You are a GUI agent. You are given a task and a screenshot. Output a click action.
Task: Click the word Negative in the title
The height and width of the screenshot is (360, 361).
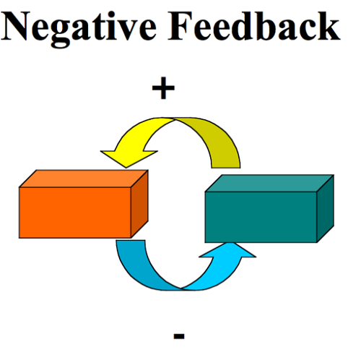coord(79,28)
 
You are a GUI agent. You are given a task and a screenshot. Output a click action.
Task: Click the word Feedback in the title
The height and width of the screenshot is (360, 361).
coord(254,26)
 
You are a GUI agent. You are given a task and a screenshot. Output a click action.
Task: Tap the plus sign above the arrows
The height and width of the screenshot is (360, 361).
coord(163,88)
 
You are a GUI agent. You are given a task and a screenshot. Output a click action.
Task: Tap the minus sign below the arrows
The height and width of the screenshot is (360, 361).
coord(179,336)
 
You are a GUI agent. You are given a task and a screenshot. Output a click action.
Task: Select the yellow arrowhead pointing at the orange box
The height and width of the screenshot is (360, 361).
coord(129,157)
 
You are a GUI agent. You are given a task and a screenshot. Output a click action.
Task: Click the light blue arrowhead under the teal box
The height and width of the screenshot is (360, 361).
coord(227,251)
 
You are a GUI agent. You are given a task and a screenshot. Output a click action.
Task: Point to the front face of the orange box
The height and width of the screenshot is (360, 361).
coord(75,213)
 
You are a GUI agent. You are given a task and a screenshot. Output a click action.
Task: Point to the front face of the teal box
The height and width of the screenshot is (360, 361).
coord(261,217)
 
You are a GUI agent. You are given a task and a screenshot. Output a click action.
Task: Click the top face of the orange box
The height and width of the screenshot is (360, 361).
coord(84,179)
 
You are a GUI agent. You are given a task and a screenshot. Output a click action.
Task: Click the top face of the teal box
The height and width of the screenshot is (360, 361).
coord(269,184)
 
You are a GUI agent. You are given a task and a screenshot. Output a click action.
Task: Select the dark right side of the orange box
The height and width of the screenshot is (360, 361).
coord(139,204)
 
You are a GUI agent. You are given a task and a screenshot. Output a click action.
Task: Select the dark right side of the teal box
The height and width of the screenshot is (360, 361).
coord(326,208)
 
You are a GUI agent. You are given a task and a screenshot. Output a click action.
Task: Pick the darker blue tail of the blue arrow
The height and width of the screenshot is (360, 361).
coord(139,267)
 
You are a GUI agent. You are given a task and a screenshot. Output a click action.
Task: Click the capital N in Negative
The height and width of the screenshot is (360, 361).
coord(16,26)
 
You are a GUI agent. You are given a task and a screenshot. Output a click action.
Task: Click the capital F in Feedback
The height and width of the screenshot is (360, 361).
coord(180,26)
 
